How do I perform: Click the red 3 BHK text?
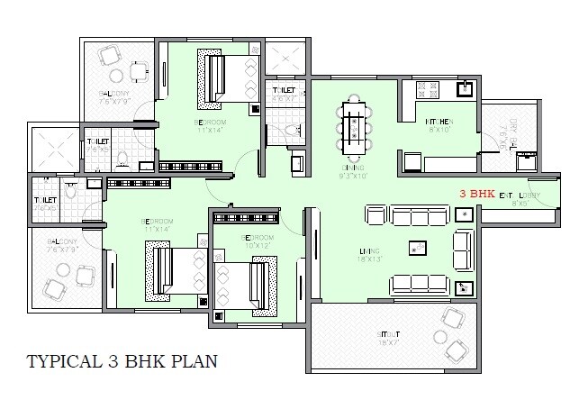click(x=475, y=194)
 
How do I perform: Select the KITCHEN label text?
click(x=439, y=123)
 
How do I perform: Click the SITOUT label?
click(x=388, y=334)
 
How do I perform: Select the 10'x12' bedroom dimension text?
click(x=256, y=245)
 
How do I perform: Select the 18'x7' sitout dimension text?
click(x=388, y=343)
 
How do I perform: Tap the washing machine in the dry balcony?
click(x=524, y=162)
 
